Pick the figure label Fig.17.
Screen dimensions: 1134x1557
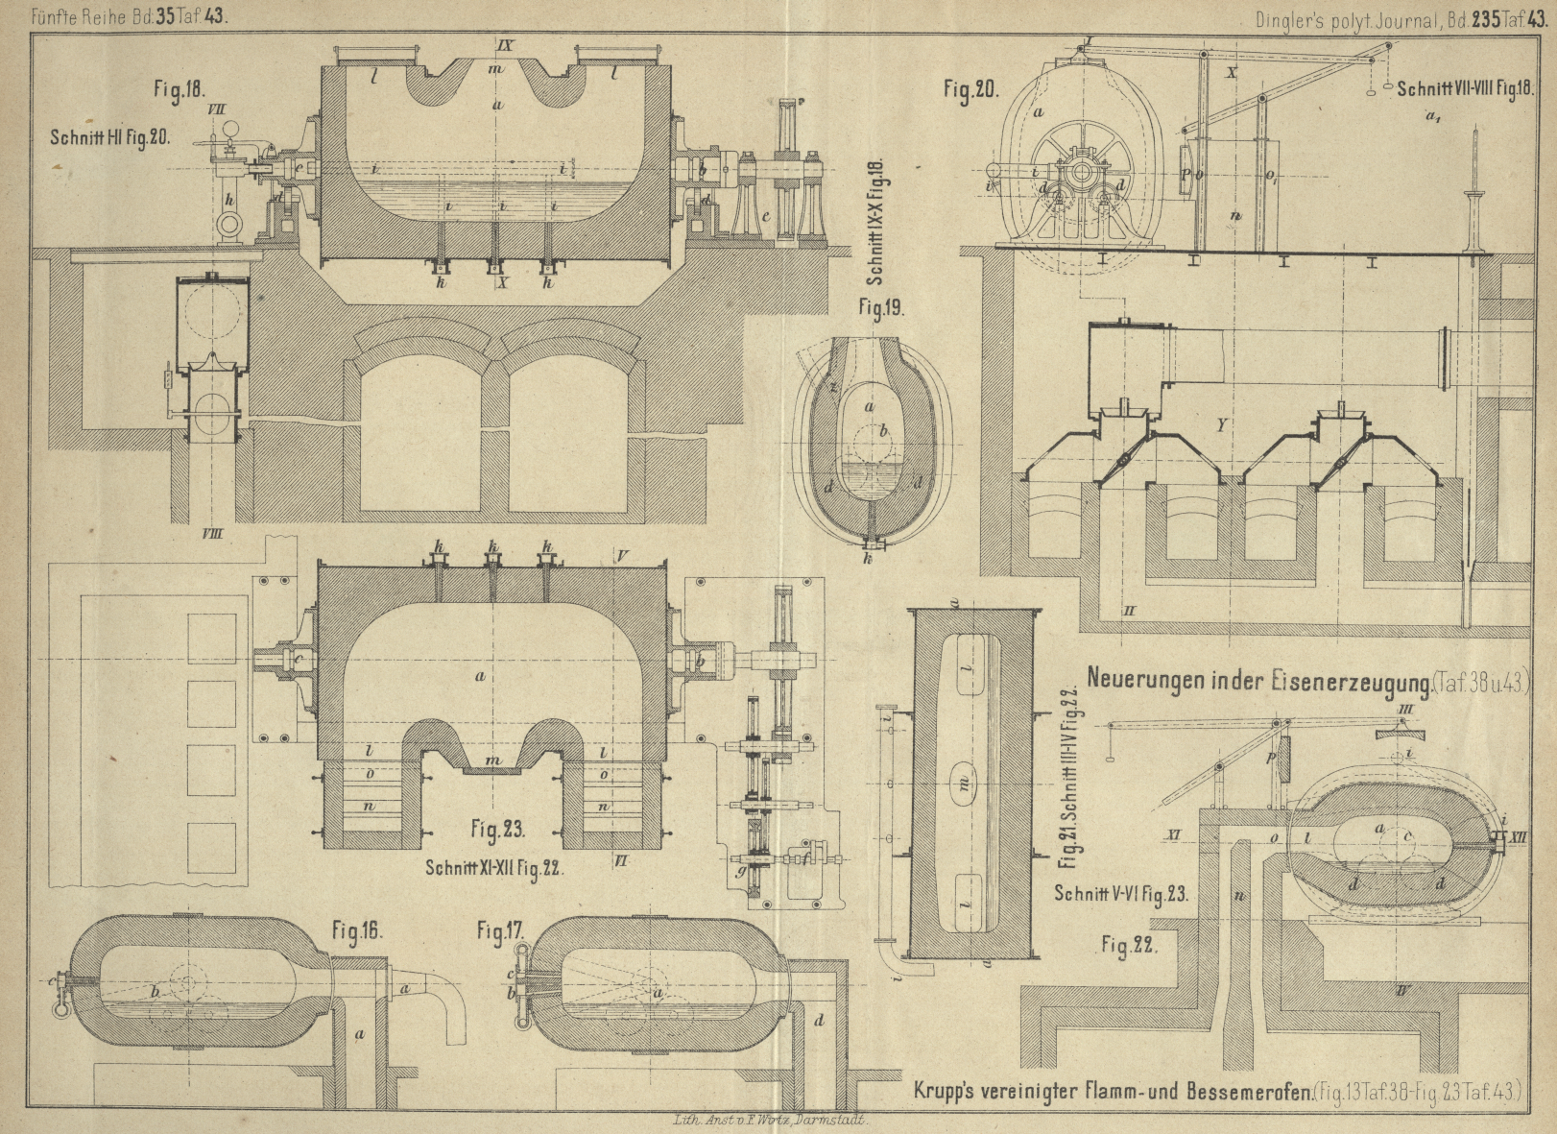[x=501, y=929]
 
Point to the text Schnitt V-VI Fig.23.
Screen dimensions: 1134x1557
[x=1120, y=893]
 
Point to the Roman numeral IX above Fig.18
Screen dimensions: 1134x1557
[x=507, y=45]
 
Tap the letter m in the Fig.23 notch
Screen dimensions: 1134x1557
[x=492, y=761]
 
